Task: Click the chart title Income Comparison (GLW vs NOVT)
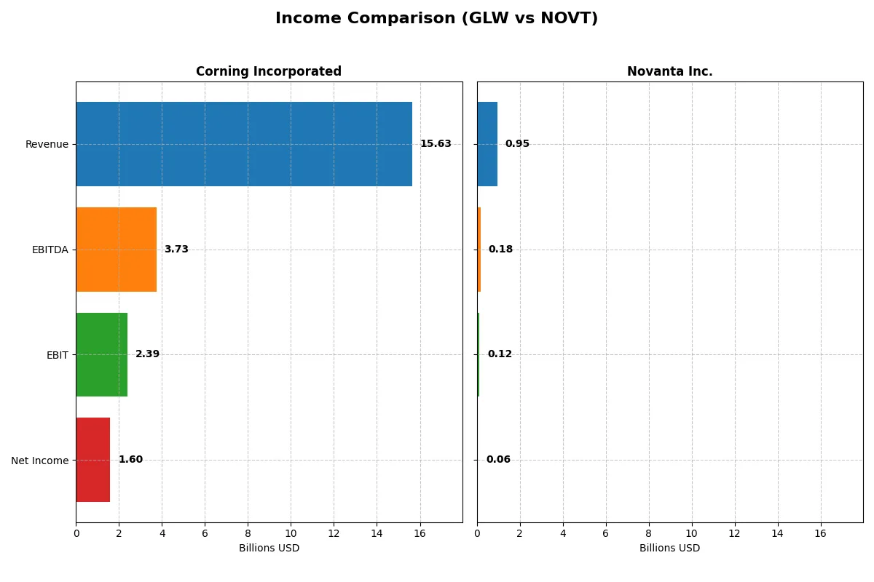pyautogui.click(x=436, y=19)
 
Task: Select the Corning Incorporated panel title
pyautogui.click(x=268, y=71)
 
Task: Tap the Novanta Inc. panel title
pyautogui.click(x=669, y=71)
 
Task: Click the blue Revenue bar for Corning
pyautogui.click(x=244, y=144)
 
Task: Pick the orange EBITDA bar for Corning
pyautogui.click(x=116, y=250)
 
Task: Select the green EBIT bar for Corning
pyautogui.click(x=101, y=354)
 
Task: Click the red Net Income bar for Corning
pyautogui.click(x=92, y=460)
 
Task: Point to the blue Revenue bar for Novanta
pyautogui.click(x=487, y=144)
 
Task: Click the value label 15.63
pyautogui.click(x=435, y=144)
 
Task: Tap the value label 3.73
pyautogui.click(x=176, y=250)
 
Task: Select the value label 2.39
pyautogui.click(x=147, y=354)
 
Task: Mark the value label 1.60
pyautogui.click(x=130, y=460)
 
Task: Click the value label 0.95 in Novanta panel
pyautogui.click(x=517, y=144)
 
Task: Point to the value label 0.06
pyautogui.click(x=498, y=460)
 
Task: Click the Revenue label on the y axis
pyautogui.click(x=47, y=144)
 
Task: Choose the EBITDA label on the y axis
pyautogui.click(x=50, y=250)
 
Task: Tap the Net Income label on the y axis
pyautogui.click(x=39, y=461)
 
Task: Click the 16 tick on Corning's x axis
pyautogui.click(x=420, y=533)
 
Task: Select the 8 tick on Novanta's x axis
pyautogui.click(x=648, y=533)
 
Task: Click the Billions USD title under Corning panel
pyautogui.click(x=269, y=549)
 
